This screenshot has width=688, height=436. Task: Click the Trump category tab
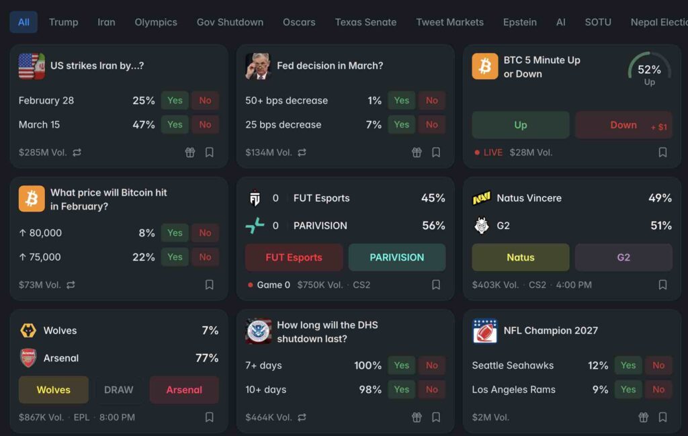click(64, 22)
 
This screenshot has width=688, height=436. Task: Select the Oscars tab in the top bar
click(299, 22)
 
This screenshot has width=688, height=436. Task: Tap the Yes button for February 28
click(175, 101)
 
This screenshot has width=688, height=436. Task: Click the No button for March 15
click(205, 124)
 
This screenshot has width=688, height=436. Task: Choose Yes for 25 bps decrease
click(402, 124)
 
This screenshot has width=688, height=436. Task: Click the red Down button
click(623, 125)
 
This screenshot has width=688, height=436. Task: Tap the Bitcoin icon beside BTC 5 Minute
click(485, 67)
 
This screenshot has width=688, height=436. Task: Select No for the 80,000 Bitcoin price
click(205, 233)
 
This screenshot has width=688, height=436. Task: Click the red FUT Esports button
click(294, 257)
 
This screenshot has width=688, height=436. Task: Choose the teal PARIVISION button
click(397, 257)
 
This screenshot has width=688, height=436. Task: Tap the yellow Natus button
click(521, 257)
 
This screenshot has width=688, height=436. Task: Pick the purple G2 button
click(623, 257)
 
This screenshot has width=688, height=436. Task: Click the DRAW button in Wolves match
click(118, 390)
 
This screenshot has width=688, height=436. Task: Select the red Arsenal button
click(184, 390)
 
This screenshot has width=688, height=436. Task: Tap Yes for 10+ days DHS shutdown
click(402, 390)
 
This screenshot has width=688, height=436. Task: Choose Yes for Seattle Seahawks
click(628, 365)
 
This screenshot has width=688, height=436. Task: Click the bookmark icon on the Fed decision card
click(436, 152)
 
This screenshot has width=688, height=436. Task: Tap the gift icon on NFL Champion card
click(643, 417)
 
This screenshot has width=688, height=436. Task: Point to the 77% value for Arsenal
click(207, 358)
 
